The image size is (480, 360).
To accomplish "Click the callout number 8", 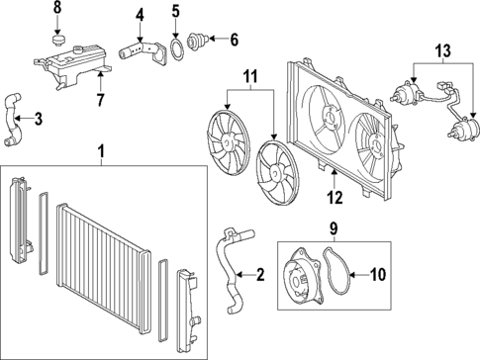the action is [57, 8].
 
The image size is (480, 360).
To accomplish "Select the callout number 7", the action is [101, 100].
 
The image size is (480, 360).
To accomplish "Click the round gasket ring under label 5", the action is [175, 49].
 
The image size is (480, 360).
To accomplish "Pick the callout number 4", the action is [141, 15].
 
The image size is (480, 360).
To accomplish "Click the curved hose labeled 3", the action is [13, 120].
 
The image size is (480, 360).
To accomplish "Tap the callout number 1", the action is [101, 152].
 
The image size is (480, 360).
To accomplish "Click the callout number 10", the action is [377, 274].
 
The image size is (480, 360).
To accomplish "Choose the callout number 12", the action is [335, 198].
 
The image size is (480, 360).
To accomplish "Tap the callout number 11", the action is [250, 76].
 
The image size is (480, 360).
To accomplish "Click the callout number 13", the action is [442, 50].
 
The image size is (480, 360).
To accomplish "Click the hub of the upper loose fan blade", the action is [228, 141].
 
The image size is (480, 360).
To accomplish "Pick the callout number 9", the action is [334, 228].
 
